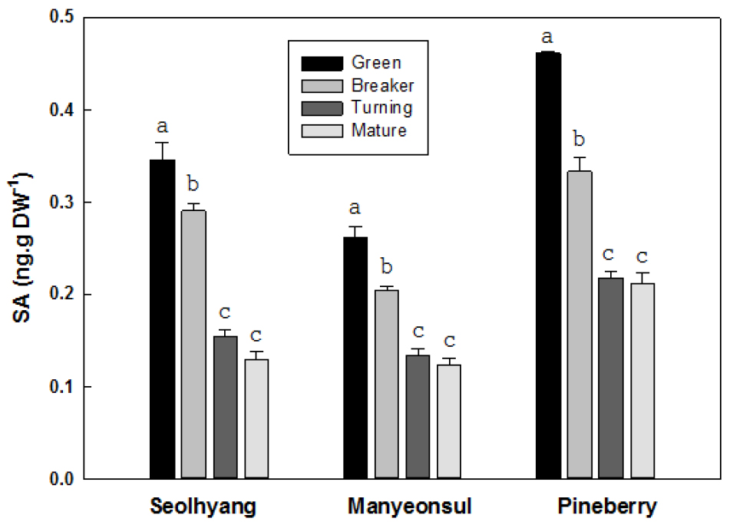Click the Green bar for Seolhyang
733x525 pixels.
162,319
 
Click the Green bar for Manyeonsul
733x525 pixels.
354,358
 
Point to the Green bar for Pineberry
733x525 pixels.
547,265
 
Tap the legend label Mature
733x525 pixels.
379,130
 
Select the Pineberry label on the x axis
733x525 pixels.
607,507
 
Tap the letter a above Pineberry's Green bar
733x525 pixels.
547,36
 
